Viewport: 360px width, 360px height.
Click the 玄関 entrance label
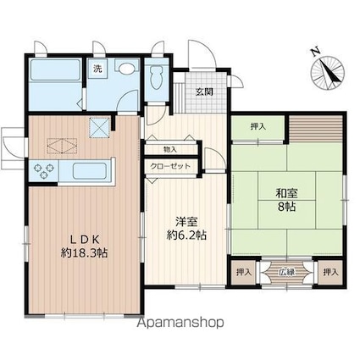point(204,91)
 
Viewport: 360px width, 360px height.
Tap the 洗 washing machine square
point(97,69)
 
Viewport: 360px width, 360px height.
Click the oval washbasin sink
point(126,68)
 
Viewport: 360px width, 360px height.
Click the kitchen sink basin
point(89,171)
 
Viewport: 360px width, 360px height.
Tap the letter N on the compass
point(316,52)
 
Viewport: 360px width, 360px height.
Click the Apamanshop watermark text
point(180,322)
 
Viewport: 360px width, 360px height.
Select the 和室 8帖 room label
point(286,200)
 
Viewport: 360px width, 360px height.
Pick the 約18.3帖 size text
point(84,252)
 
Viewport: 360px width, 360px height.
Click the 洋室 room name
point(186,222)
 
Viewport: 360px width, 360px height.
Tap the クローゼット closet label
point(170,166)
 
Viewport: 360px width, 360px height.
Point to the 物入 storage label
point(170,150)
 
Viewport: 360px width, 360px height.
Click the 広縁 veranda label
point(287,272)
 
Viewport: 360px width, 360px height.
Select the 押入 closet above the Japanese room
point(258,127)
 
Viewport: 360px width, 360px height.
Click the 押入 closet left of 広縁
point(244,273)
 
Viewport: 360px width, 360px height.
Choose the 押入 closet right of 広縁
point(330,273)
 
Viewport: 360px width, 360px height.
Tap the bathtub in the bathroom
point(55,70)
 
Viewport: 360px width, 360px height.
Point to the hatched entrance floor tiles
point(206,92)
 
